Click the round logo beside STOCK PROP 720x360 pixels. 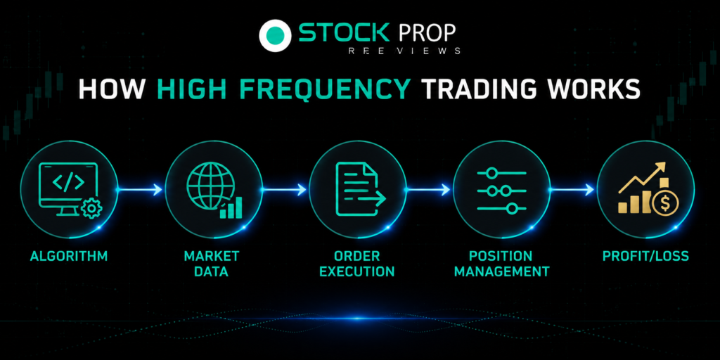275,35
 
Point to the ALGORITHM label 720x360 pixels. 69,256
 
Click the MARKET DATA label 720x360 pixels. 211,264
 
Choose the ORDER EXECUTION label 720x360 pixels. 356,264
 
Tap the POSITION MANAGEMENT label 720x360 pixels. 501,264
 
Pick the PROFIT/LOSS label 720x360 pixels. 645,256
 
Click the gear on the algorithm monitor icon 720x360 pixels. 91,209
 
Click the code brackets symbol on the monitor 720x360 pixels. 68,182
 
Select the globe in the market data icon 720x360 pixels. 211,185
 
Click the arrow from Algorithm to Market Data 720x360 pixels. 140,189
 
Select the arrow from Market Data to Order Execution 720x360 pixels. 284,189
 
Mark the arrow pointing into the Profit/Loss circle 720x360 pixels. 572,189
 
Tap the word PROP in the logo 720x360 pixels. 427,33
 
